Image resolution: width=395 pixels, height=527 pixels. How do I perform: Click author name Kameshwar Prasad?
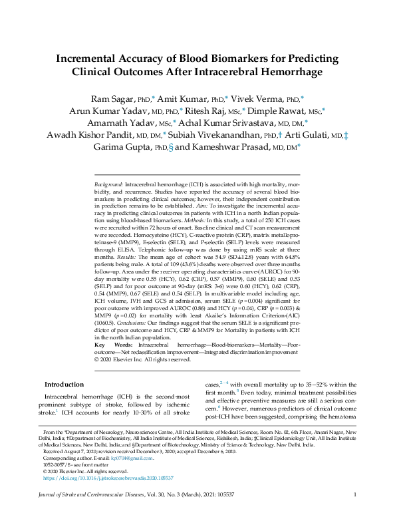coord(232,148)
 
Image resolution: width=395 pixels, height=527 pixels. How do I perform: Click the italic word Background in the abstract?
coord(108,182)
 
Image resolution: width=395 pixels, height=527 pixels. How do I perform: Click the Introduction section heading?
coord(64,385)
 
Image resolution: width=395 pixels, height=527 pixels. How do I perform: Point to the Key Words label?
coord(109,345)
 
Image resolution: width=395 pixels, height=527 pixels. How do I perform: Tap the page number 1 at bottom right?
coord(355,512)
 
